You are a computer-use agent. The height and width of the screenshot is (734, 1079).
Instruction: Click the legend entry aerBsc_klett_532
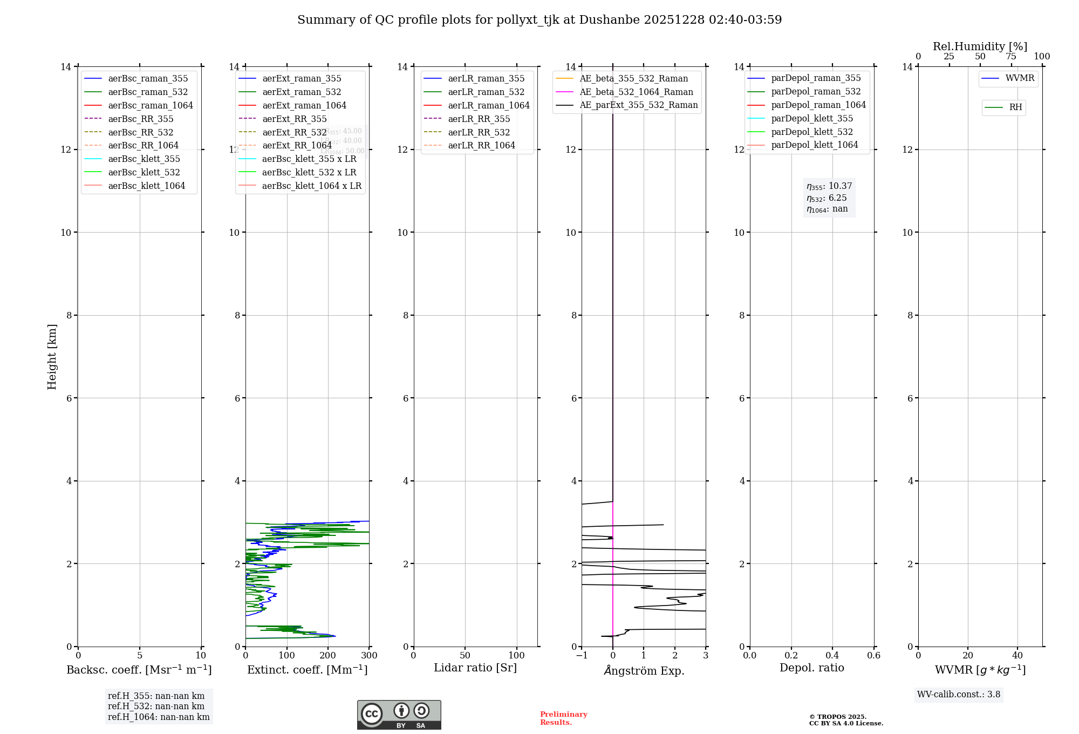144,172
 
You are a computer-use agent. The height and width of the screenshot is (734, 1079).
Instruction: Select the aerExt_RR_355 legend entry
294,119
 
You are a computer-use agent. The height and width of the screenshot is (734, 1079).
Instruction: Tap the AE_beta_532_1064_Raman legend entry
636,92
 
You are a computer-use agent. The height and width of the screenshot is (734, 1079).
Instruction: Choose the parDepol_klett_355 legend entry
812,118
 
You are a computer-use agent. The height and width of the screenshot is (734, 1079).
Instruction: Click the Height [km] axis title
52,356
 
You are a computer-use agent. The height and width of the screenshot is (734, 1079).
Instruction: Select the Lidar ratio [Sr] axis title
475,668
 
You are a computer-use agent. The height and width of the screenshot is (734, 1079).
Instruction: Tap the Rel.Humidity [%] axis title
980,46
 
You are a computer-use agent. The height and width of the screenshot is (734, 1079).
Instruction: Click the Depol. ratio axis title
811,668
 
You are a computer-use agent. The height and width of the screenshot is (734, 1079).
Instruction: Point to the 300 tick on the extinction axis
370,656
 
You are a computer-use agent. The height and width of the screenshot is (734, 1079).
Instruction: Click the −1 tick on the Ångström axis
582,656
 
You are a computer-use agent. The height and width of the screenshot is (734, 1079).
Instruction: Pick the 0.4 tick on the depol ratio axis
832,656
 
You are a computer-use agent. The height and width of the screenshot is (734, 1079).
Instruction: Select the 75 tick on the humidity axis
1011,57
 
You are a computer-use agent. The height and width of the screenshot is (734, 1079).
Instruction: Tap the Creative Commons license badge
399,715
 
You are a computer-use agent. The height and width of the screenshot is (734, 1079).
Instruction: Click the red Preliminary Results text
563,718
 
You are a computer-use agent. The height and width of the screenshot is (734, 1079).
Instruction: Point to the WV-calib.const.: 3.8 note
958,695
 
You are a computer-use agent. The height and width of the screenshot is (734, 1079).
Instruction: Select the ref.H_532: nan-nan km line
156,706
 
